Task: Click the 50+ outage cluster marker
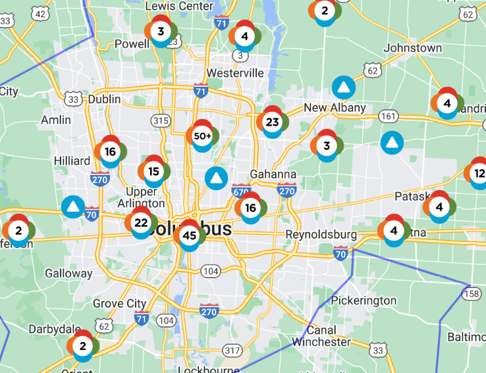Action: tap(203, 136)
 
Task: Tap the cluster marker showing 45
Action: tap(190, 236)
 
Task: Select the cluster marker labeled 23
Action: tap(272, 122)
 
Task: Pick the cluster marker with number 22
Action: tap(141, 222)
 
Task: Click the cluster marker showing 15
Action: tap(153, 172)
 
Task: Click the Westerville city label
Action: tap(234, 73)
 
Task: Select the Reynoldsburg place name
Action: tap(321, 235)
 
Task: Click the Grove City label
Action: tap(119, 303)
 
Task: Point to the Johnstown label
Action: tap(413, 48)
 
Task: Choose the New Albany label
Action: tap(335, 108)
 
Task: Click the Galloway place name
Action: tap(68, 273)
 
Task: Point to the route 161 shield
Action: tap(389, 116)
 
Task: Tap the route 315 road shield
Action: tap(160, 120)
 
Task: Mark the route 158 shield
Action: tap(471, 292)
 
